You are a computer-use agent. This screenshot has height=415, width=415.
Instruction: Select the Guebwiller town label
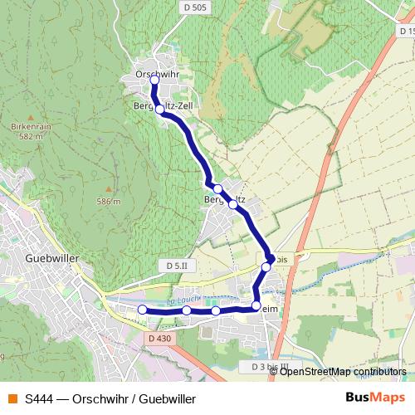pyautogui.click(x=51, y=258)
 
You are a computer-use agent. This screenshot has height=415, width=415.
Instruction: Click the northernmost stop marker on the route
pyautogui.click(x=154, y=80)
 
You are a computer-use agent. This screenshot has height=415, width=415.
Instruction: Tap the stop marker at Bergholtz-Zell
pyautogui.click(x=159, y=108)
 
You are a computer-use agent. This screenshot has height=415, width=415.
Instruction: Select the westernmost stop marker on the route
pyautogui.click(x=142, y=310)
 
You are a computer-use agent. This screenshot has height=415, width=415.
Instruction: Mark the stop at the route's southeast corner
pyautogui.click(x=256, y=306)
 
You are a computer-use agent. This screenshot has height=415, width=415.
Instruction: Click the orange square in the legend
pyautogui.click(x=12, y=398)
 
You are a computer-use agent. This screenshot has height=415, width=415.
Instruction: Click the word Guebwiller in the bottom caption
pyautogui.click(x=169, y=398)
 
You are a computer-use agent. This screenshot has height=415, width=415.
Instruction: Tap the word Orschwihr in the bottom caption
pyautogui.click(x=100, y=398)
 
